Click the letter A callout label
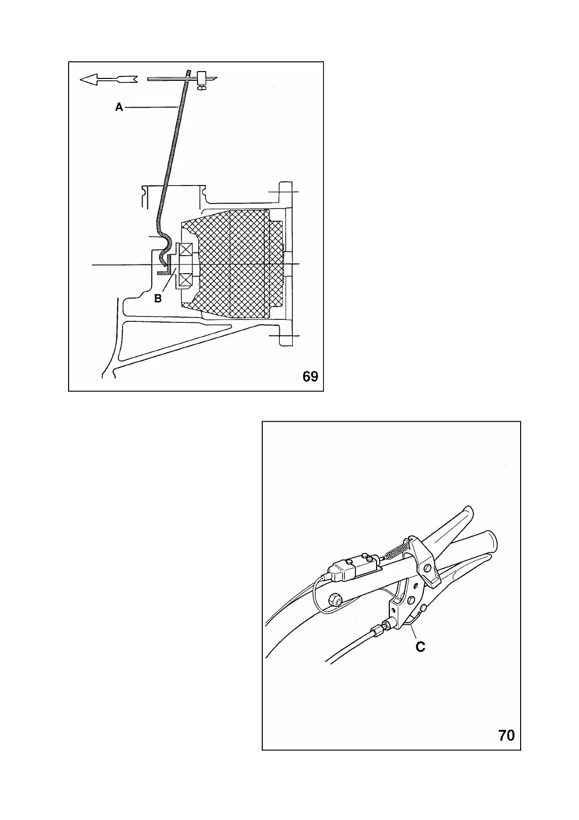click(119, 108)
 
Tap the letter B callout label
click(158, 298)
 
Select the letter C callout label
click(420, 647)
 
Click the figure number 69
click(310, 376)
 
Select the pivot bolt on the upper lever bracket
click(429, 568)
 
